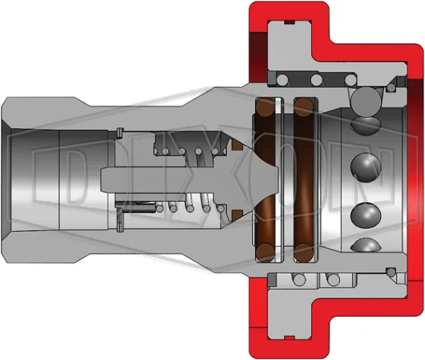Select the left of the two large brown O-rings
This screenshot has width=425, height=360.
pos(265,179)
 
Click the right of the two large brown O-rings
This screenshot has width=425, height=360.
pos(303,179)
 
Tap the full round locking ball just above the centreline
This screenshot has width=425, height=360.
pos(367,163)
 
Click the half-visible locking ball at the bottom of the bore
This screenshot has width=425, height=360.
pos(366,246)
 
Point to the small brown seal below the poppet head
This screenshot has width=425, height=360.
pos(238,215)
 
